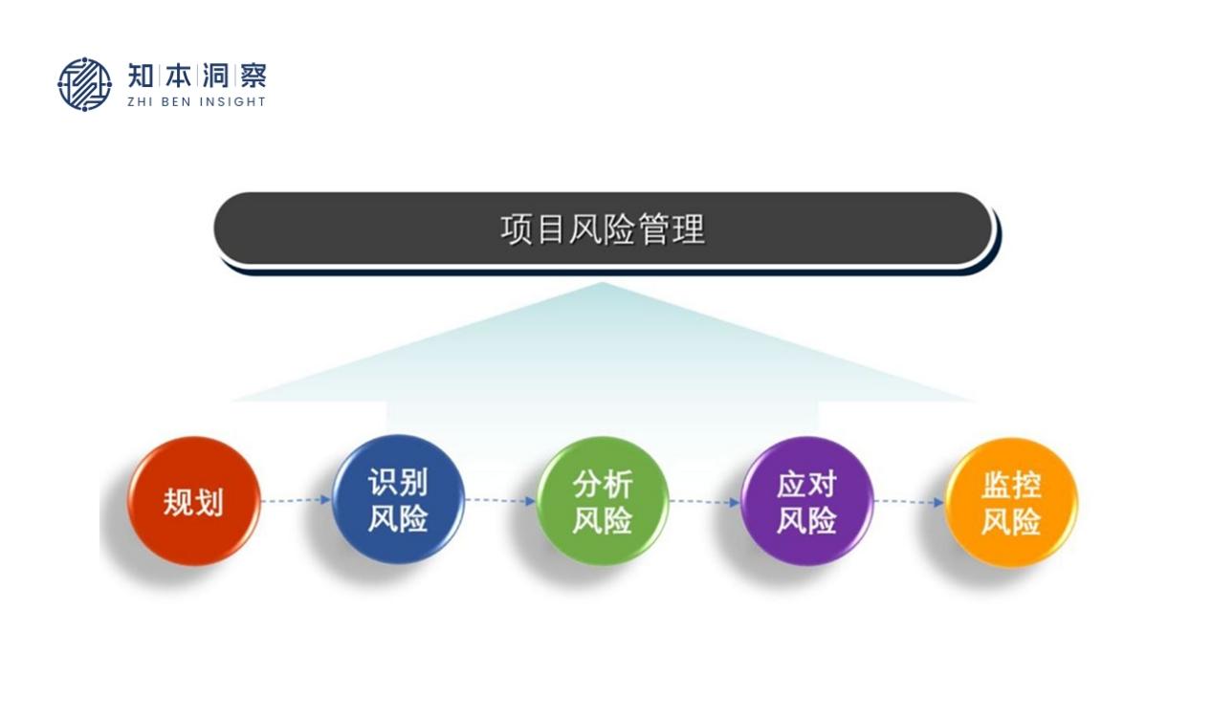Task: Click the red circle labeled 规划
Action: tap(193, 501)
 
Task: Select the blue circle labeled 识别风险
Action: tap(398, 499)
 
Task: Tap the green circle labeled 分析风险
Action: tap(603, 501)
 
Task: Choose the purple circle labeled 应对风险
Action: tap(806, 501)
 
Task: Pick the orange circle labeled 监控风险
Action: tap(1011, 503)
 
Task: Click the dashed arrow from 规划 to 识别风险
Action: tap(296, 500)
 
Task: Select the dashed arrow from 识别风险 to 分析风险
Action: tap(500, 501)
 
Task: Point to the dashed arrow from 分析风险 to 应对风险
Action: tap(705, 502)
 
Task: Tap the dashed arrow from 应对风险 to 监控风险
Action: tap(910, 502)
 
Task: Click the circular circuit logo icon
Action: tap(84, 84)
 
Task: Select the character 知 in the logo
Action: tap(141, 76)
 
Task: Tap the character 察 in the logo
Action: tap(253, 76)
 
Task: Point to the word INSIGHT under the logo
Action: tap(232, 101)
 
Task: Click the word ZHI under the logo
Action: tap(140, 101)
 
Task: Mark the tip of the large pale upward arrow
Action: tap(603, 282)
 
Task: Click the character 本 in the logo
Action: tap(178, 76)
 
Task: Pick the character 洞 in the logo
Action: tap(215, 76)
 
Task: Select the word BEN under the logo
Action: tap(176, 101)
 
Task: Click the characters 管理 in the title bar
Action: tap(672, 229)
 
